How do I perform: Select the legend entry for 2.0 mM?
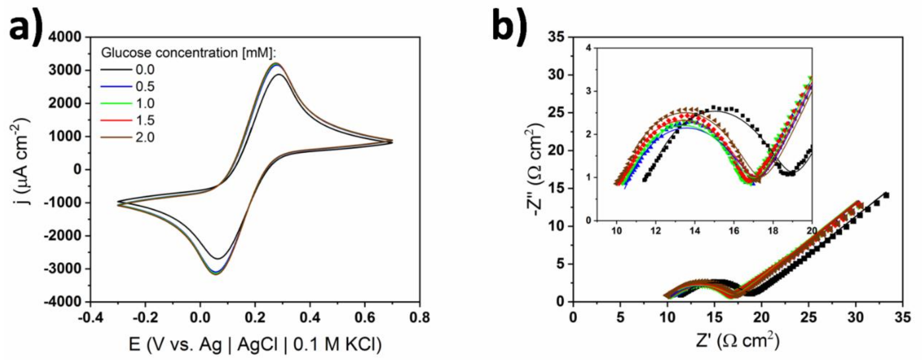point(145,137)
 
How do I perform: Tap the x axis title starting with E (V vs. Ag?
point(255,345)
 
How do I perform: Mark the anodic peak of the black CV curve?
point(279,75)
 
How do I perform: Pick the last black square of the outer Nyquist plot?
point(886,195)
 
